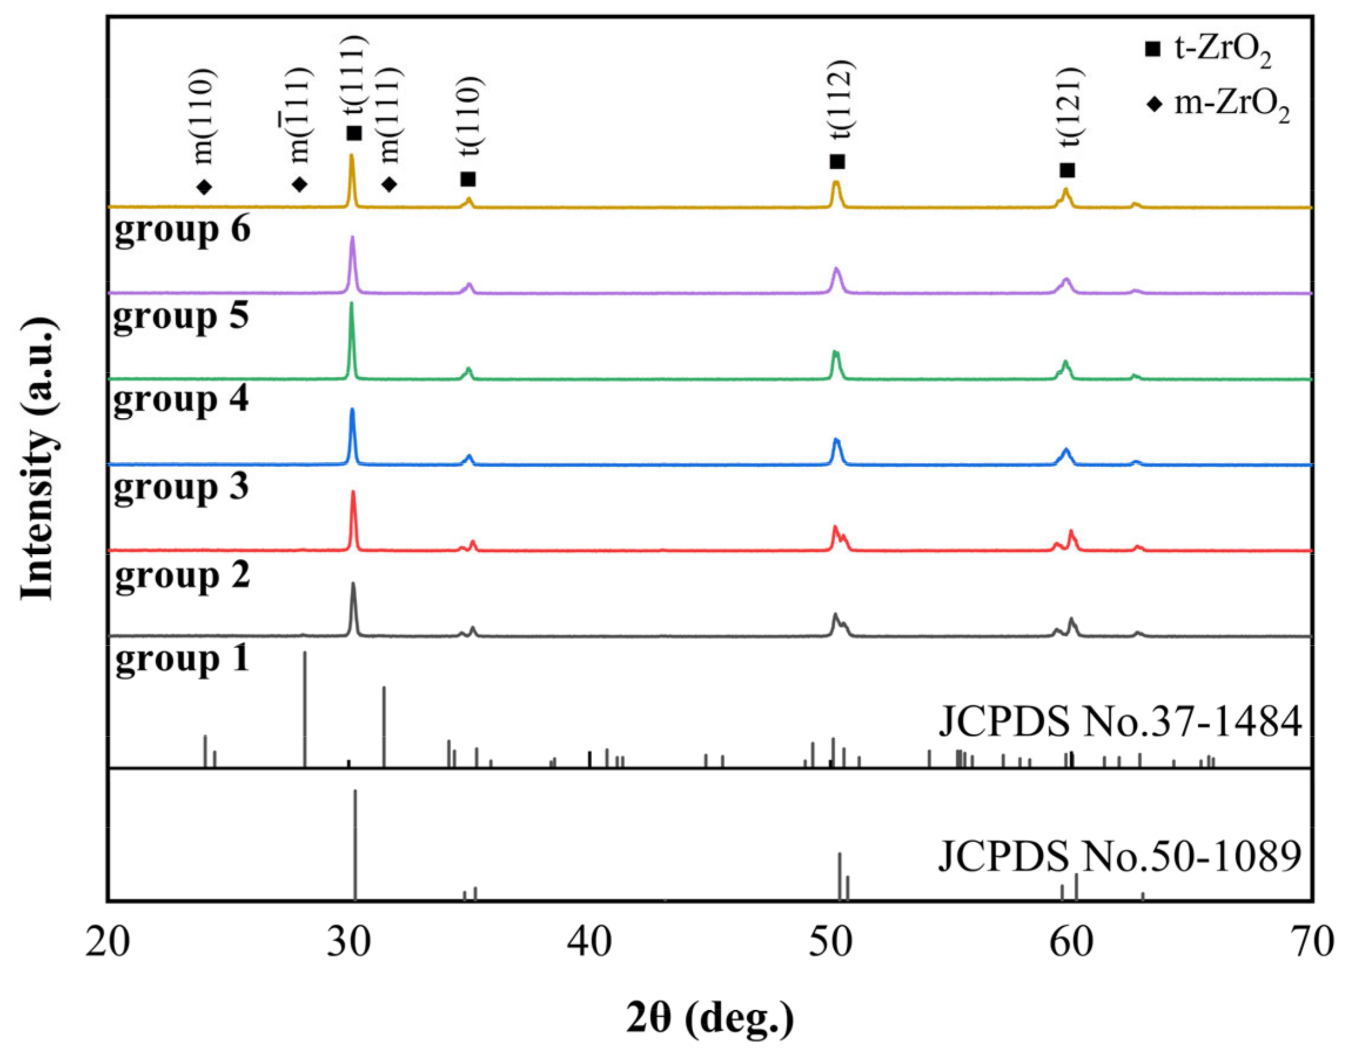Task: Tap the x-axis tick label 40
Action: [x=589, y=942]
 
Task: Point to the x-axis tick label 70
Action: [x=1312, y=942]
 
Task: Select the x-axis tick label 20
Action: [x=108, y=942]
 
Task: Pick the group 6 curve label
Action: [x=182, y=230]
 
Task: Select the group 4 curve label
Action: [x=181, y=400]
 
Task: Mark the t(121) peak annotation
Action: [x=1071, y=105]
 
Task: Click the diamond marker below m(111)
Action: [x=389, y=184]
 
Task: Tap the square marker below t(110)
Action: [x=469, y=179]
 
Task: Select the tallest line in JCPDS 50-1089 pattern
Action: [x=355, y=843]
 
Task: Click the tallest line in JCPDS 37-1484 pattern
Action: [x=304, y=708]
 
